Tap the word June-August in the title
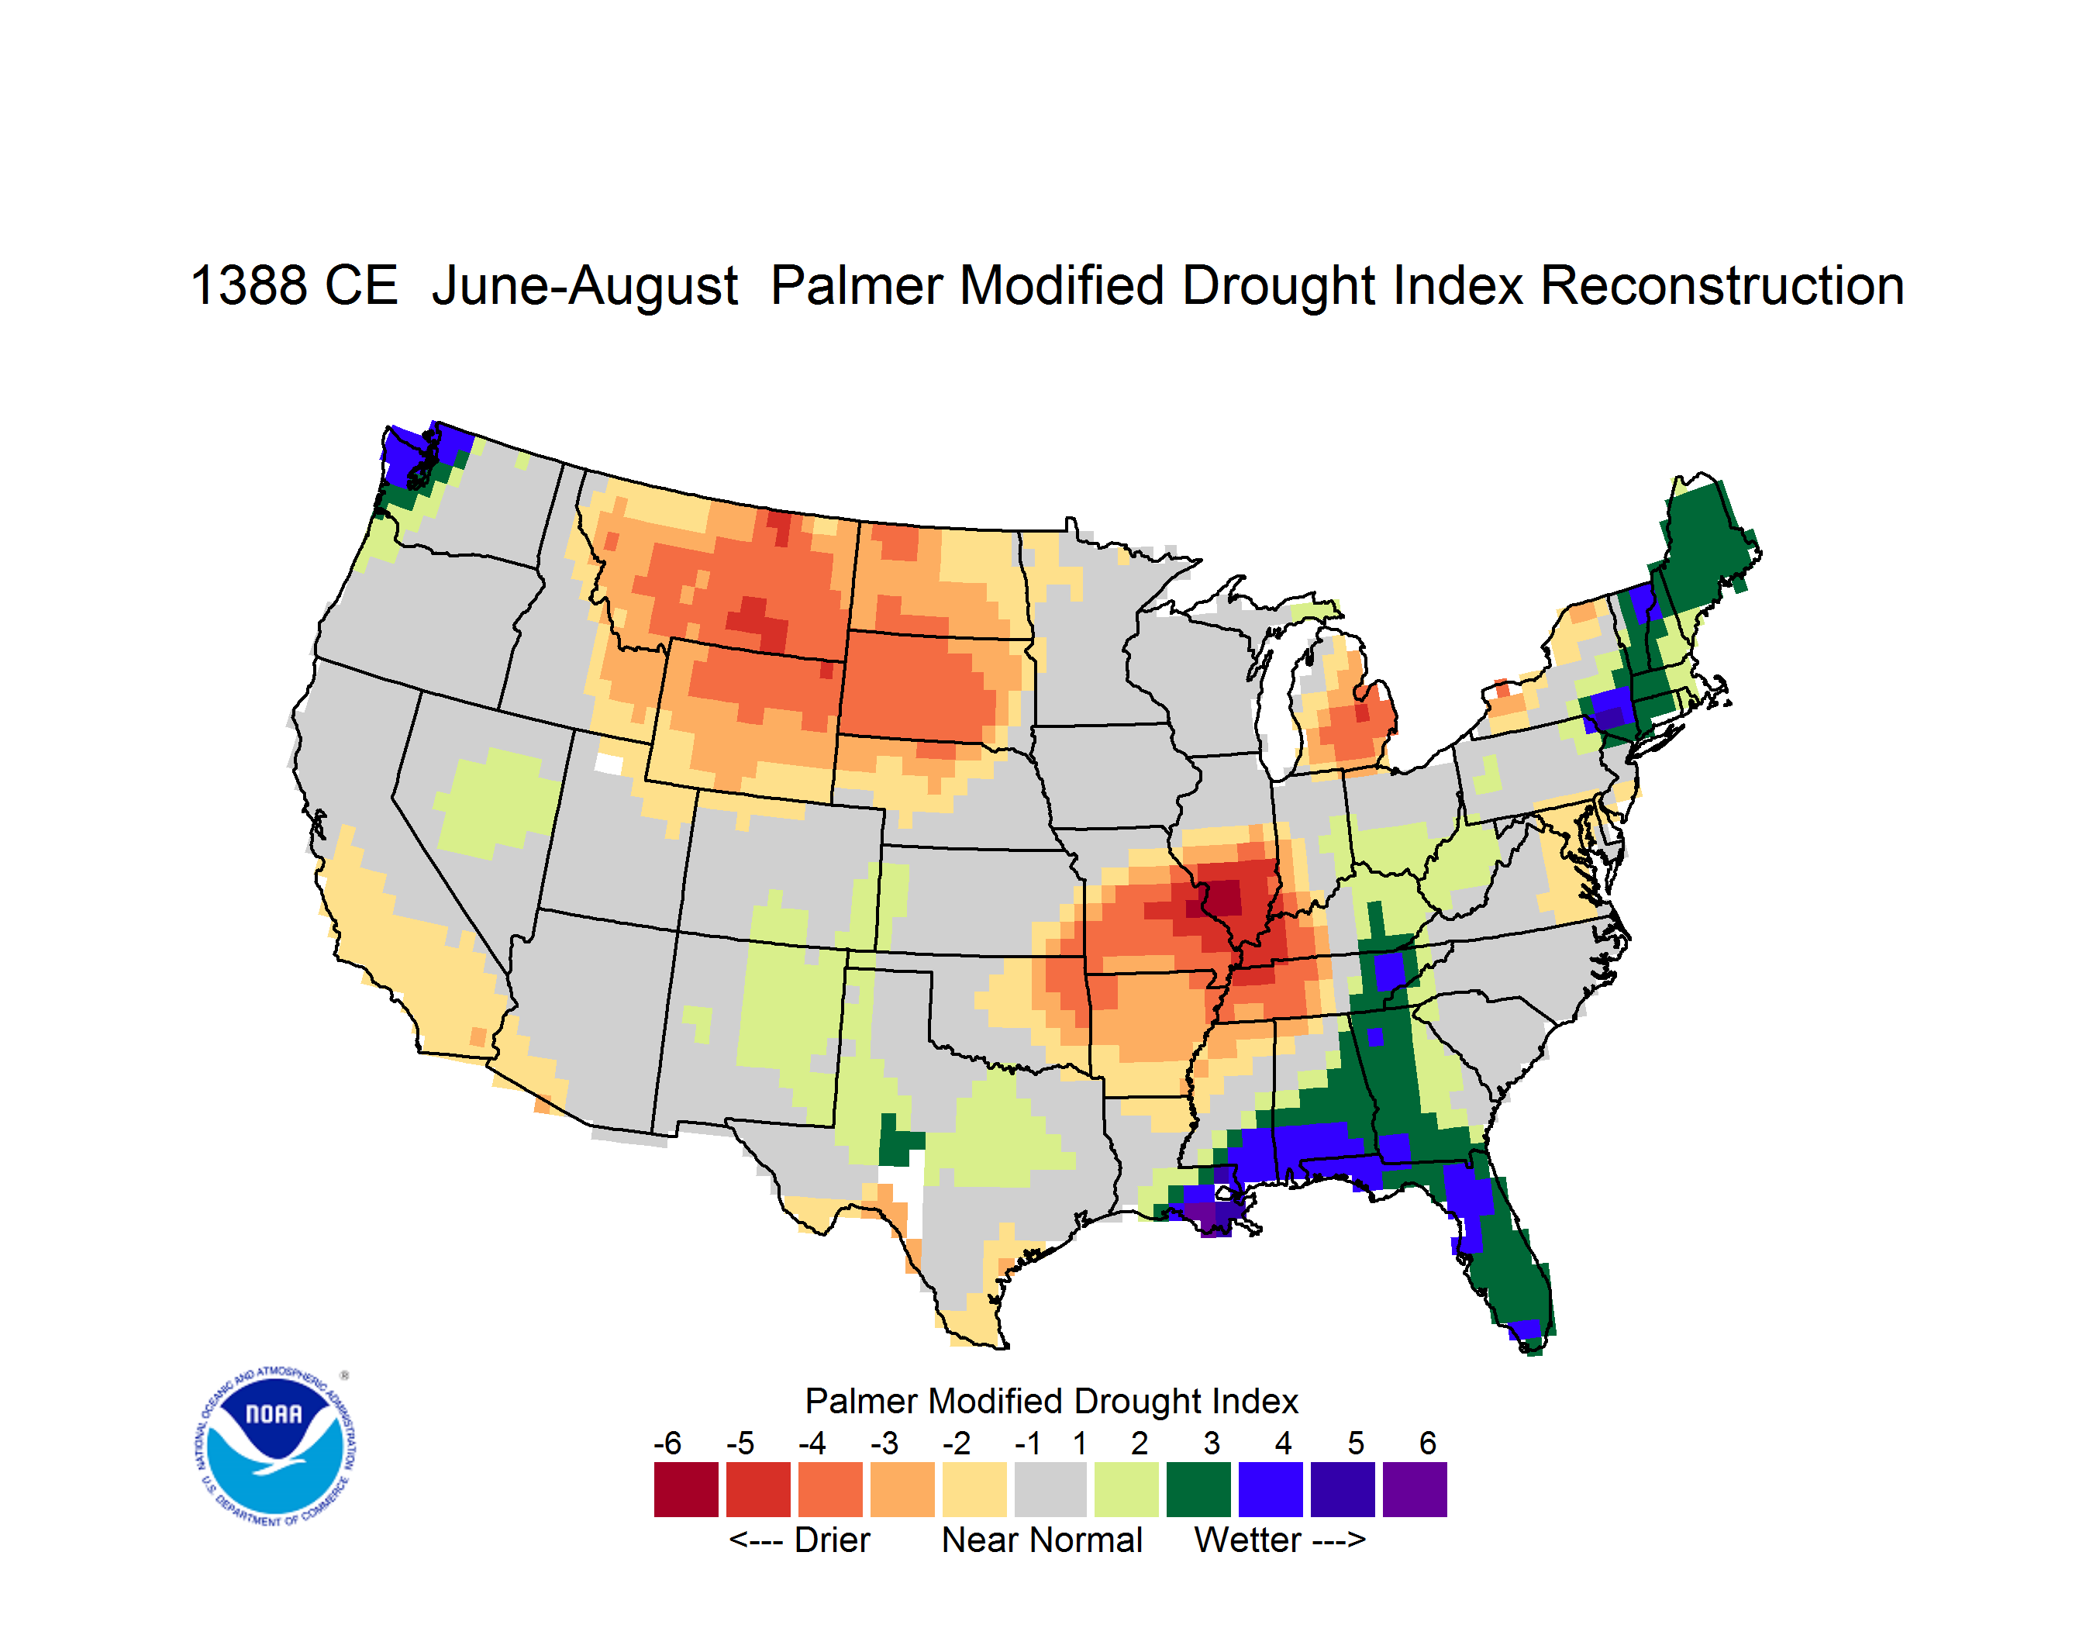pyautogui.click(x=584, y=288)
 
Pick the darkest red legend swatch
pyautogui.click(x=686, y=1489)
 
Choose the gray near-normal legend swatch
pyautogui.click(x=1050, y=1489)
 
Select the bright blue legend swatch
pyautogui.click(x=1271, y=1489)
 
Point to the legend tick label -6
pyautogui.click(x=668, y=1443)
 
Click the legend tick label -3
pyautogui.click(x=884, y=1443)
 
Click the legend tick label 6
pyautogui.click(x=1428, y=1443)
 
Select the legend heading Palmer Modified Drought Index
pyautogui.click(x=1051, y=1401)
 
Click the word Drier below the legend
pyautogui.click(x=832, y=1540)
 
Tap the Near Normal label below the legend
pyautogui.click(x=1042, y=1540)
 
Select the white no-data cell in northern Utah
pyautogui.click(x=609, y=764)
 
